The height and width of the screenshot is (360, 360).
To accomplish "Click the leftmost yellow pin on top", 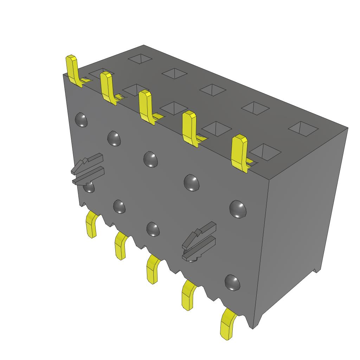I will pos(72,70).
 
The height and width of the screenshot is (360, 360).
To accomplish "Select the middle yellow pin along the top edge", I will pos(146,107).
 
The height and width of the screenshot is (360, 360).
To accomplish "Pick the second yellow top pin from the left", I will pos(107,87).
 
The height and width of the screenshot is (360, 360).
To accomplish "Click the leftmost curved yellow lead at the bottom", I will pos(92,225).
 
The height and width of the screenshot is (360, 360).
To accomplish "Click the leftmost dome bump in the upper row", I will pos(81,120).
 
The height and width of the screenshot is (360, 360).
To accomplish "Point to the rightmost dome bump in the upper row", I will pos(238,209).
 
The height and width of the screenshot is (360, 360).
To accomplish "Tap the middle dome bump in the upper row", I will pos(150,159).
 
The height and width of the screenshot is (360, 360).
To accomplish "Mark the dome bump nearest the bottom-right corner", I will pos(232,283).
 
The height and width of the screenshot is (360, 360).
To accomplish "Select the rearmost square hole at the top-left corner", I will pos(140,58).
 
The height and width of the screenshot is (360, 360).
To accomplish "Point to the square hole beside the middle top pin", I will pos(174,109).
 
